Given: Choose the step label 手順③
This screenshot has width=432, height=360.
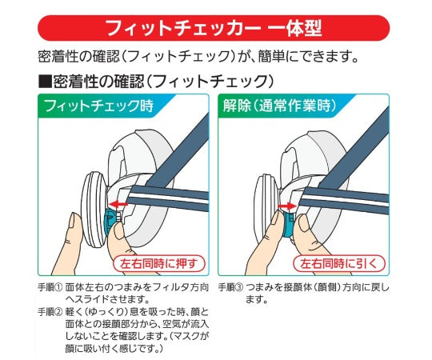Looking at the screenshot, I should (x=231, y=285).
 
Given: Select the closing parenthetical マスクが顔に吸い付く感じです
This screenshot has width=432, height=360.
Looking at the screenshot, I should (x=140, y=342).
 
